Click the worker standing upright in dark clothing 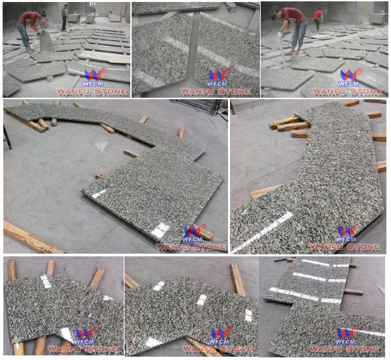[x=65, y=18]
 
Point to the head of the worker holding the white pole [x=274, y=16]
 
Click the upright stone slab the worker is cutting [x=47, y=41]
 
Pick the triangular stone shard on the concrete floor [x=101, y=147]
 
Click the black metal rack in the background [x=198, y=106]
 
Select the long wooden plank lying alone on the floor [x=33, y=237]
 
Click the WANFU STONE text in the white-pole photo [x=347, y=91]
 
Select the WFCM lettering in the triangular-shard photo [x=192, y=239]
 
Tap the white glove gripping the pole [x=280, y=35]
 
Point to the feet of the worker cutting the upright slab [x=31, y=50]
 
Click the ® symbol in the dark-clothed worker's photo [x=104, y=71]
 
